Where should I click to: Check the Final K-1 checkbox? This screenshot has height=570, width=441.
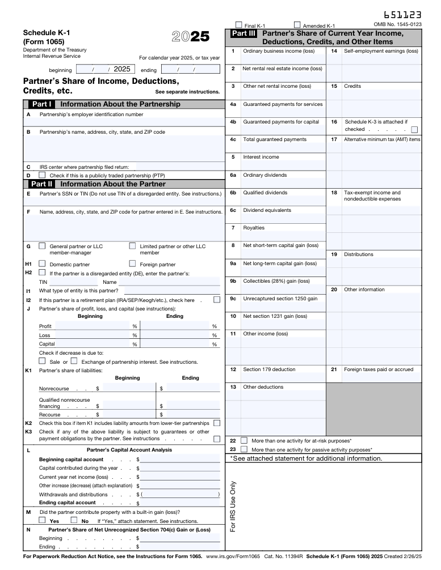tap(239, 25)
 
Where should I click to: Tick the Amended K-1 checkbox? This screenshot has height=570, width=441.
tap(297, 25)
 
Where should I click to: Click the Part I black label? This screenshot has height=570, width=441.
tap(42, 104)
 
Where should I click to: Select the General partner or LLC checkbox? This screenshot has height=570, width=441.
tap(42, 246)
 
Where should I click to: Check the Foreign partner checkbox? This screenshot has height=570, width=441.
tap(133, 263)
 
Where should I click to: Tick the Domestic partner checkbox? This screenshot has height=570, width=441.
tap(42, 263)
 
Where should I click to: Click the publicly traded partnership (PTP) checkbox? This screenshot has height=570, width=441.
tap(42, 175)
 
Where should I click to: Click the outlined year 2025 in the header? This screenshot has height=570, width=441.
tap(190, 37)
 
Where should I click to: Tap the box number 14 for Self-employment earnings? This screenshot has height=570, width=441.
tap(334, 51)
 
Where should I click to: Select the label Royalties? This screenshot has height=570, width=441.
tap(254, 228)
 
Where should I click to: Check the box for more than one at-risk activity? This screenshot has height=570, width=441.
tap(244, 440)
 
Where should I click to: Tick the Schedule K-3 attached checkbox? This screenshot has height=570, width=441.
tap(414, 129)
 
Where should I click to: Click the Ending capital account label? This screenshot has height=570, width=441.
tap(67, 503)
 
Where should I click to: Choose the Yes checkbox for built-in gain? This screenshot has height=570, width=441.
tap(42, 520)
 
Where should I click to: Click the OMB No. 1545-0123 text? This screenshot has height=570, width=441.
tap(397, 24)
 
